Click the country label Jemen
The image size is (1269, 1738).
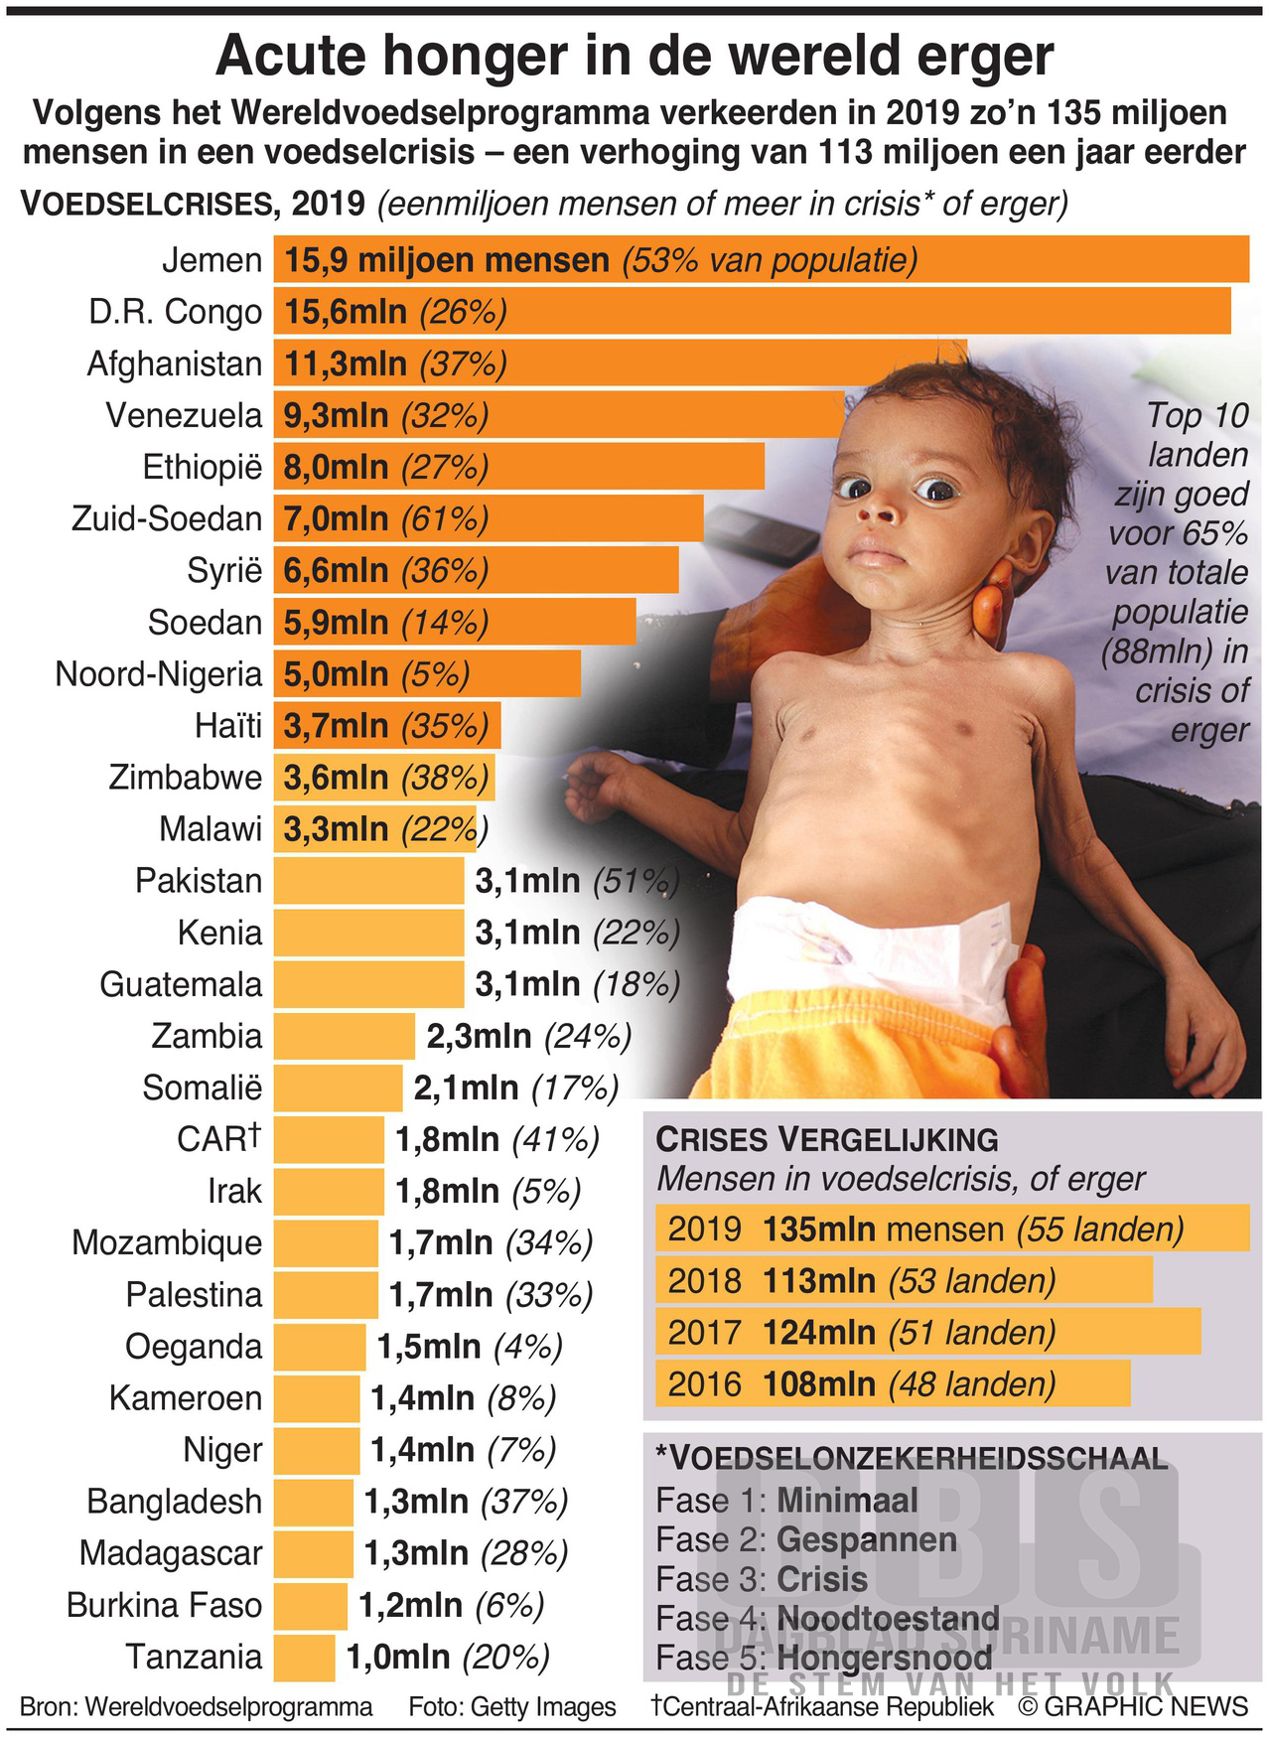click(211, 260)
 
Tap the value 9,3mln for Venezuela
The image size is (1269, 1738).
click(336, 415)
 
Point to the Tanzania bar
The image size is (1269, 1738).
click(304, 1657)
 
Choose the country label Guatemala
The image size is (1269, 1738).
click(181, 984)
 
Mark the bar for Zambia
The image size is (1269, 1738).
click(344, 1036)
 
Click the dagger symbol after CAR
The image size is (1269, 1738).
click(255, 1131)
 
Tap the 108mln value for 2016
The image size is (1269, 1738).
click(818, 1383)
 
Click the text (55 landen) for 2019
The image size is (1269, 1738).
click(1100, 1229)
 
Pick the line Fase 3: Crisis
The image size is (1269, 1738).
click(762, 1579)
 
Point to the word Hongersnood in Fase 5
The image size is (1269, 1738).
click(885, 1658)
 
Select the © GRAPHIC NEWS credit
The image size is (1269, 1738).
click(1132, 1706)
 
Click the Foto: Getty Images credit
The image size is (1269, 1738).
click(512, 1706)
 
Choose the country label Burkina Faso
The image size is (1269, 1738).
click(164, 1605)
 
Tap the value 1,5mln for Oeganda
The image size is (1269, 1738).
click(429, 1347)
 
